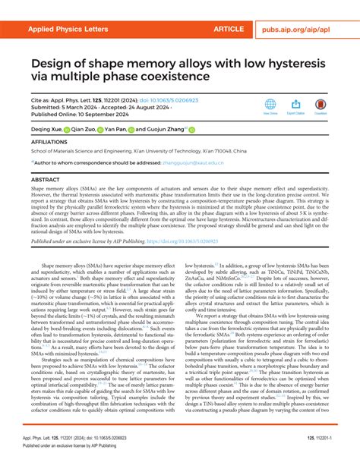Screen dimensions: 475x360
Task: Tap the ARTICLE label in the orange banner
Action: [229, 29]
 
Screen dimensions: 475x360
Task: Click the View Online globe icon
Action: [270, 105]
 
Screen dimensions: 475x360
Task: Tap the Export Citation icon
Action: [295, 105]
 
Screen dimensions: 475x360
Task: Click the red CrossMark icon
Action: [321, 105]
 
